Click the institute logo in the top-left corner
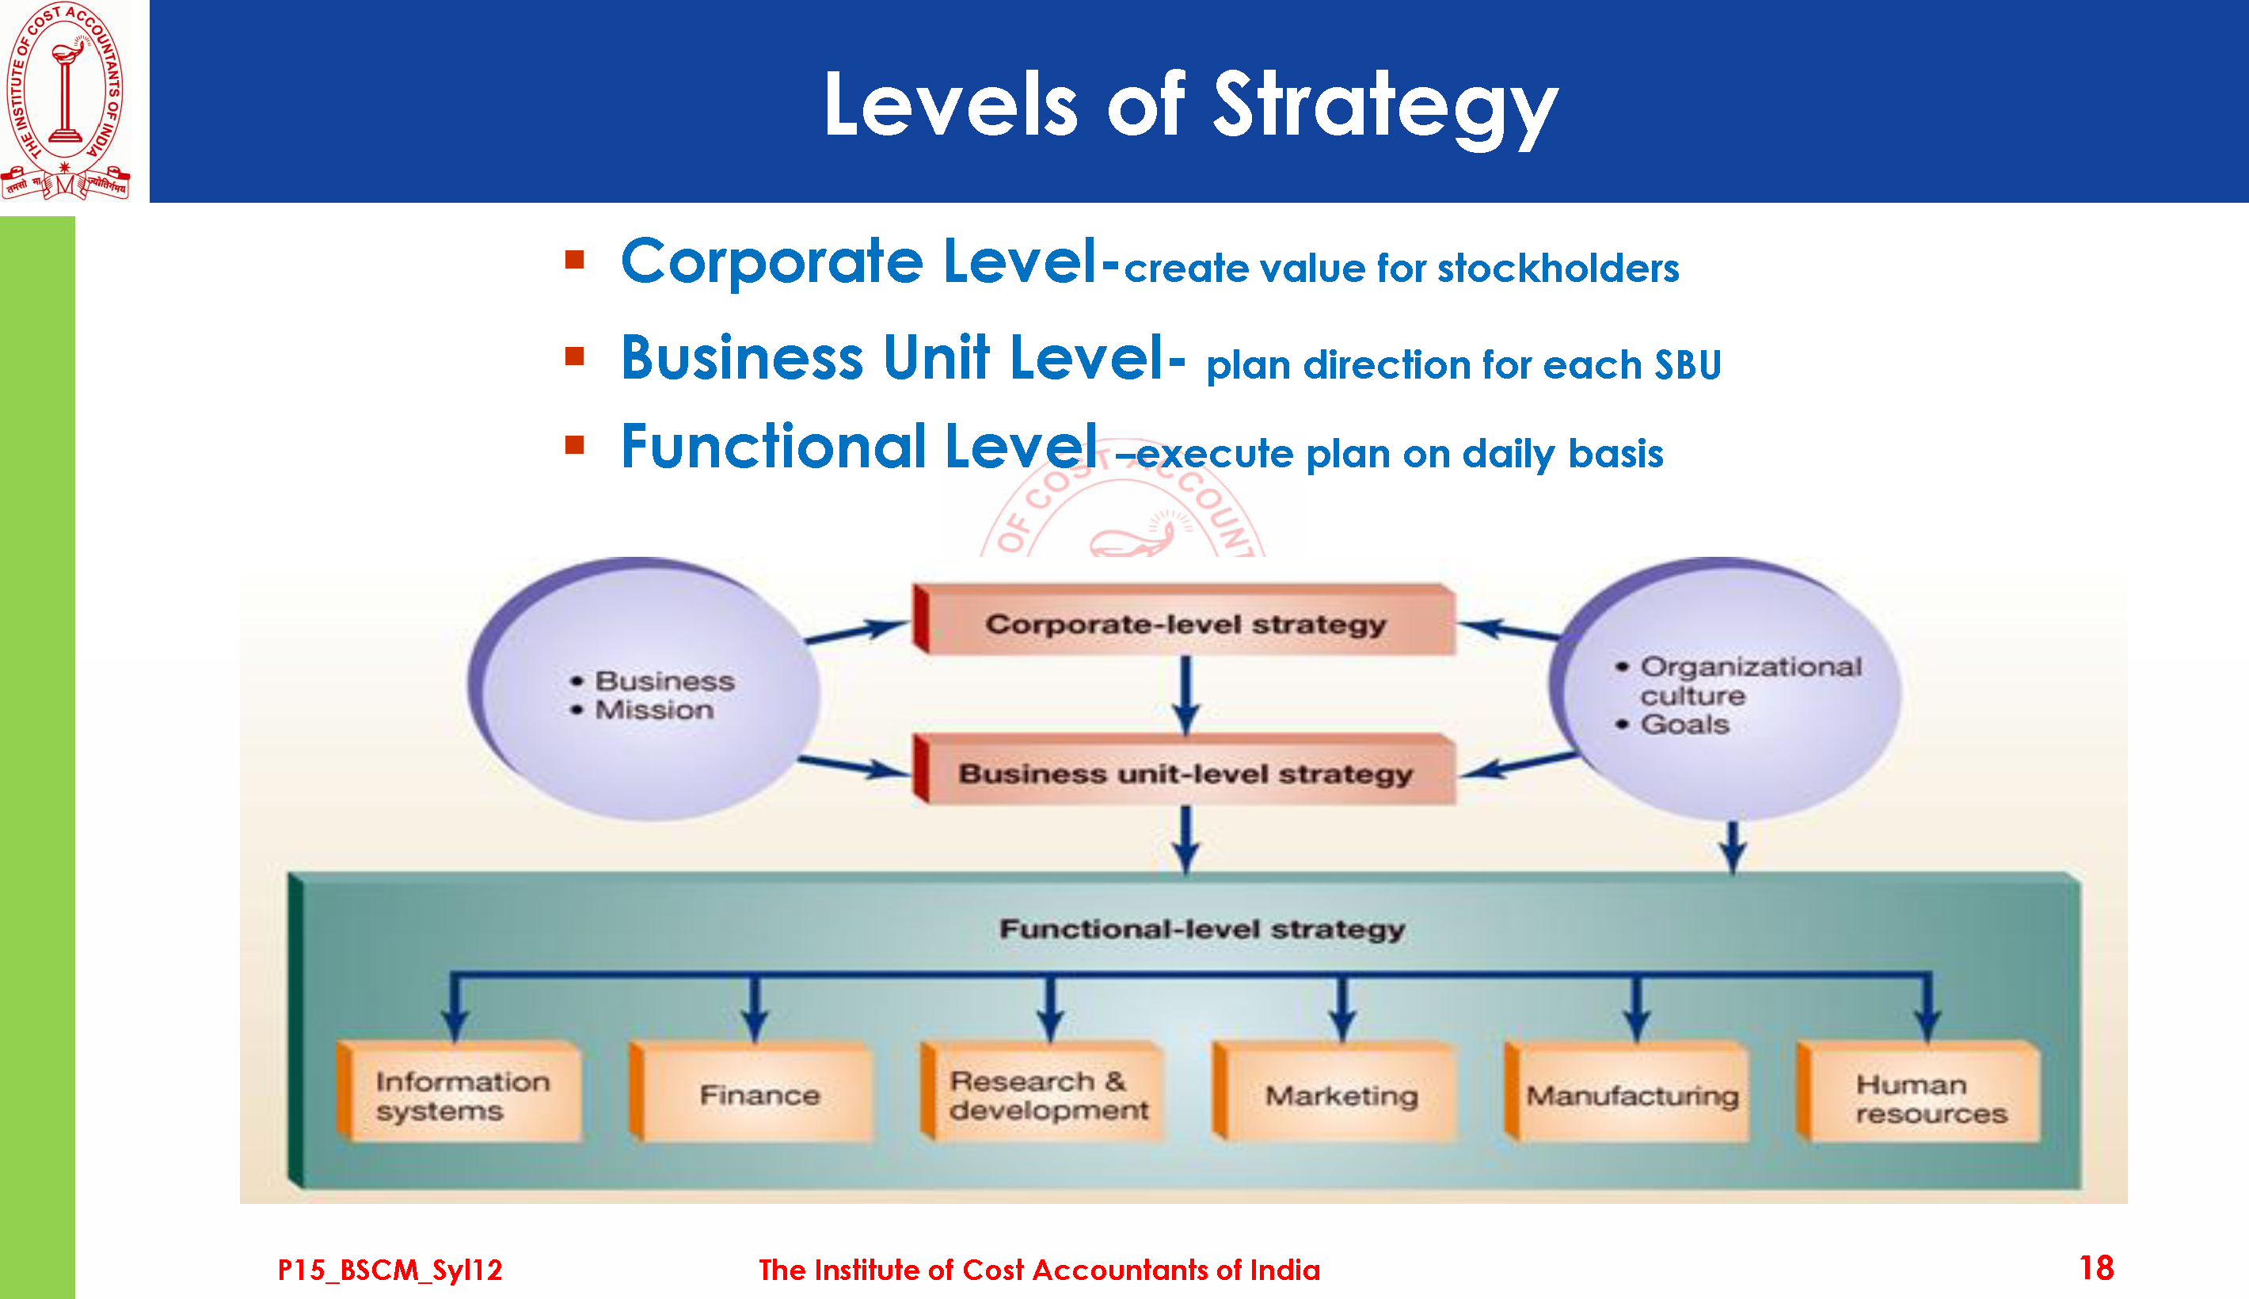click(65, 100)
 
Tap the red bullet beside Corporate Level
click(574, 260)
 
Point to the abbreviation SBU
click(1688, 364)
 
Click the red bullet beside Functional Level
click(574, 444)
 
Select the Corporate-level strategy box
click(1184, 620)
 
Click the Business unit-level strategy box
click(1184, 770)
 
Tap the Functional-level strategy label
click(1201, 930)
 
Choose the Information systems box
click(459, 1092)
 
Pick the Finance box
click(751, 1092)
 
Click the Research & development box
click(1042, 1092)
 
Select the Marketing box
click(1334, 1092)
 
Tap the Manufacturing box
click(1626, 1092)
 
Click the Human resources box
click(1918, 1092)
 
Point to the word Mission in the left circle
click(655, 710)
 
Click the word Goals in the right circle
click(1684, 725)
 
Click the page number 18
click(2095, 1268)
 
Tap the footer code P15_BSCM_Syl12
click(390, 1270)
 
